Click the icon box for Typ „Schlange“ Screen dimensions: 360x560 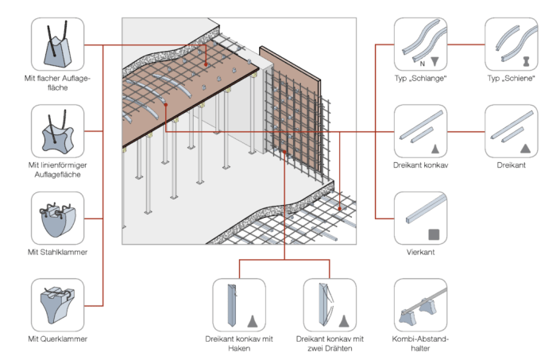pos(420,45)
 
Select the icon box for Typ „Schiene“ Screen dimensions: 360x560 pos(511,45)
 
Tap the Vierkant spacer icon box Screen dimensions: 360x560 pos(420,217)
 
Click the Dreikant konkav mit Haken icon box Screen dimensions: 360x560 pos(240,304)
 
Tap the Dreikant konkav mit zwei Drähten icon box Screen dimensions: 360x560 pos(330,304)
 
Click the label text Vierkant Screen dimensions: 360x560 pos(420,253)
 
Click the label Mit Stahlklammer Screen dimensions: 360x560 pos(56,253)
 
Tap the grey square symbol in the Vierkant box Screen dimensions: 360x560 pos(434,234)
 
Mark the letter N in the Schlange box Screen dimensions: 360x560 pos(422,61)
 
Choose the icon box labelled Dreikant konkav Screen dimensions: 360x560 pos(420,131)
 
